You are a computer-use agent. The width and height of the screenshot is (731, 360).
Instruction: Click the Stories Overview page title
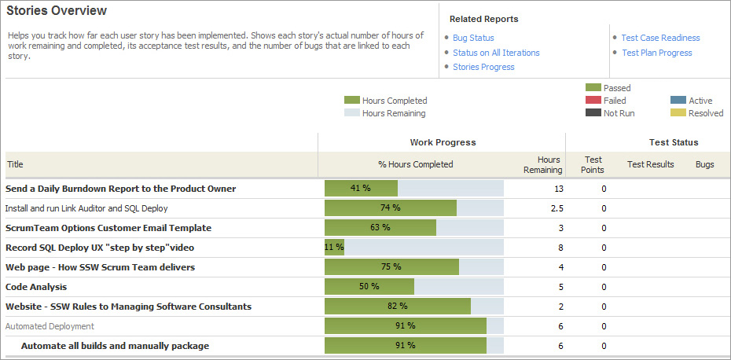[x=57, y=11]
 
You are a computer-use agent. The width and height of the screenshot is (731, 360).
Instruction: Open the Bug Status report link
[x=473, y=38]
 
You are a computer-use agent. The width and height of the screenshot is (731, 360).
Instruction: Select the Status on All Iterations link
[x=496, y=53]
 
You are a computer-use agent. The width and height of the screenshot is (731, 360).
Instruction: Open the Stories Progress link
[x=483, y=67]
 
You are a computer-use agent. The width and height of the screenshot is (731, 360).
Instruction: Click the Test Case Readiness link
[x=660, y=38]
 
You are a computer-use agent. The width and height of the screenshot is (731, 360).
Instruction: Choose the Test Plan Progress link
[x=656, y=53]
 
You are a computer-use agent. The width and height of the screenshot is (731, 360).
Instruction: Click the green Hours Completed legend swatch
[x=351, y=101]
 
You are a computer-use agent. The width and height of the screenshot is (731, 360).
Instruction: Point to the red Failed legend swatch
[x=593, y=101]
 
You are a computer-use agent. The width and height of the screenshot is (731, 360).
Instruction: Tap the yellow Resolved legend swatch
[x=678, y=113]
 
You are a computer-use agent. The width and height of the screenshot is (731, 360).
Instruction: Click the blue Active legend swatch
[x=678, y=101]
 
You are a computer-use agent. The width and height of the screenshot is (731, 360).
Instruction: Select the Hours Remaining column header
[x=543, y=164]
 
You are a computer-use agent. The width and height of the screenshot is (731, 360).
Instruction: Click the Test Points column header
[x=593, y=164]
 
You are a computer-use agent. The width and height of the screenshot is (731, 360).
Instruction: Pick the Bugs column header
[x=705, y=164]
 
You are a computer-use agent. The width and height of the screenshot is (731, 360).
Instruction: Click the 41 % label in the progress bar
[x=360, y=189]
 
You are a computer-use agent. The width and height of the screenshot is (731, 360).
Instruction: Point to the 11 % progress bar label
[x=334, y=248]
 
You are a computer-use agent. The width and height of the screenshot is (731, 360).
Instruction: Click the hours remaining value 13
[x=559, y=189]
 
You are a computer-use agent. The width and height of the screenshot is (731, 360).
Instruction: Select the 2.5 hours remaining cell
[x=557, y=208]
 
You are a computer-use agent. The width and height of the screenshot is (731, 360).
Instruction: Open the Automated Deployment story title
[x=50, y=326]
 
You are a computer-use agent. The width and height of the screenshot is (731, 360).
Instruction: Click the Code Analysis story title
[x=36, y=287]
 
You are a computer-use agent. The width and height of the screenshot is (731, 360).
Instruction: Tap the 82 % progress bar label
[x=397, y=307]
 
